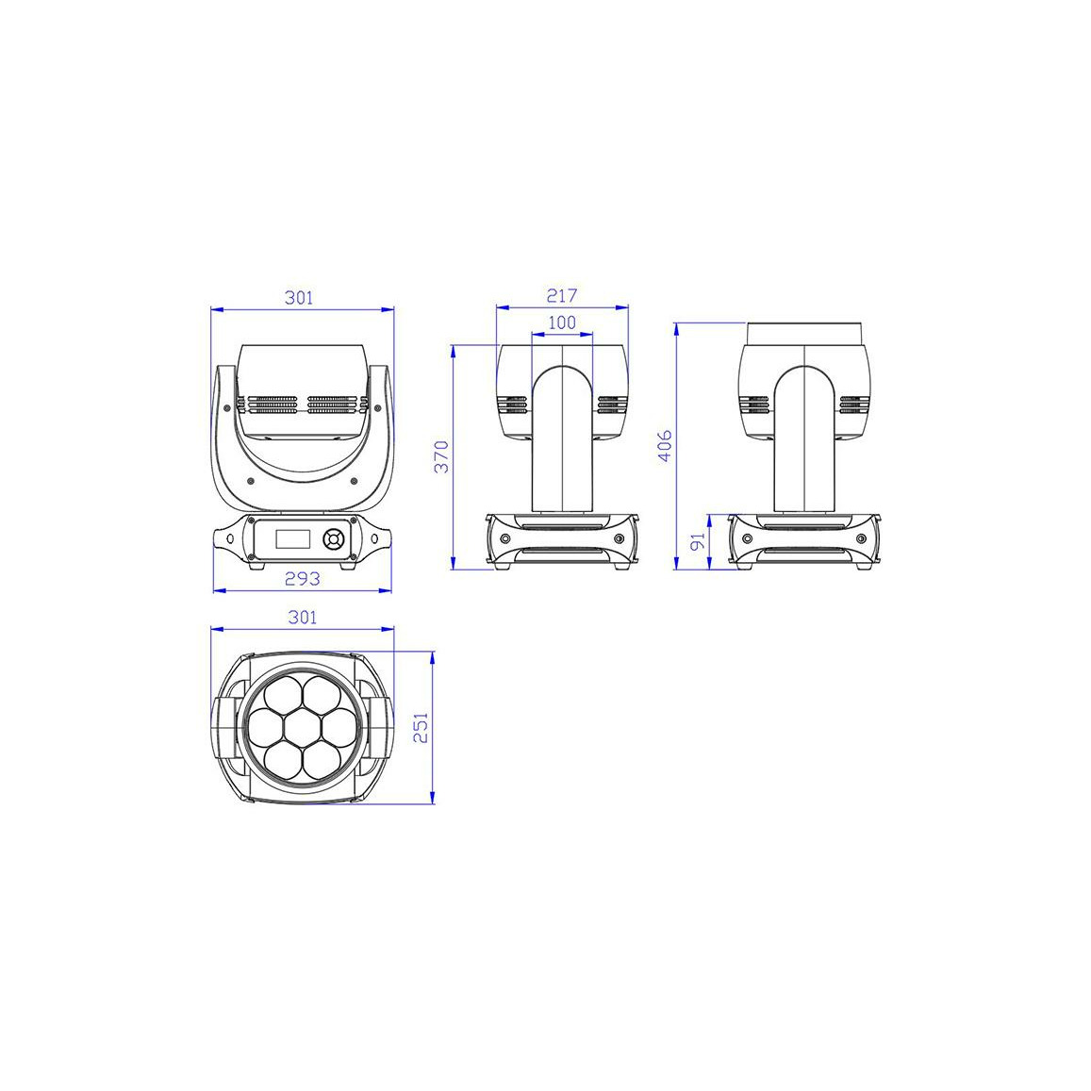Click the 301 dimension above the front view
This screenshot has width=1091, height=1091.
pyautogui.click(x=299, y=298)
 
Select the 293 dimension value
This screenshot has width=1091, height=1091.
pyautogui.click(x=303, y=578)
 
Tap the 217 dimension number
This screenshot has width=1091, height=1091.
pyautogui.click(x=561, y=296)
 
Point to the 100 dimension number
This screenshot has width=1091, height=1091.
pyautogui.click(x=561, y=322)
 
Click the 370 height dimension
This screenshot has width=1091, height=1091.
pyautogui.click(x=441, y=456)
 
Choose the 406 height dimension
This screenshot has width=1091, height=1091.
pyautogui.click(x=665, y=445)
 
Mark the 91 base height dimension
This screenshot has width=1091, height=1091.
pyautogui.click(x=697, y=540)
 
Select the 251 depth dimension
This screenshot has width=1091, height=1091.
pyautogui.click(x=421, y=728)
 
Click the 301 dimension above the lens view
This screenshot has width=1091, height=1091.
pyautogui.click(x=303, y=618)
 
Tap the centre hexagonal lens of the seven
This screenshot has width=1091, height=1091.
pyautogui.click(x=302, y=728)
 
